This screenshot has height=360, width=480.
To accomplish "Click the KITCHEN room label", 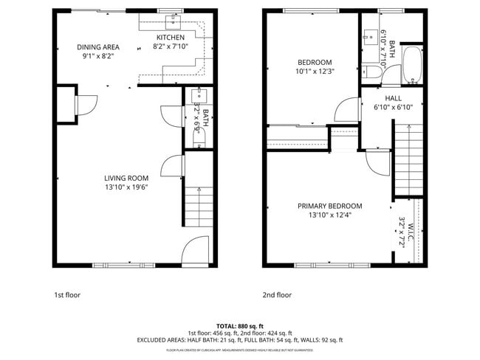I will (x=170, y=38).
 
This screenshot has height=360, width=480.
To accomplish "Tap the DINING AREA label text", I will (x=98, y=47).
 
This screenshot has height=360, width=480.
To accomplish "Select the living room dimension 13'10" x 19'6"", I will (x=126, y=187).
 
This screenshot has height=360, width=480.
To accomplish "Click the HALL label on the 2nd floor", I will (x=393, y=98).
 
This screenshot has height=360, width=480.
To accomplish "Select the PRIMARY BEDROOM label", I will (x=330, y=206).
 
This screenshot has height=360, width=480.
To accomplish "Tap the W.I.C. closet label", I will (x=402, y=231).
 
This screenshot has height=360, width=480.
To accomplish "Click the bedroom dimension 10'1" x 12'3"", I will (x=315, y=72).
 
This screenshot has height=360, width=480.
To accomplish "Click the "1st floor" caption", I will (x=67, y=295).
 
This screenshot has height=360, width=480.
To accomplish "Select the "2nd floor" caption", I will (x=277, y=295).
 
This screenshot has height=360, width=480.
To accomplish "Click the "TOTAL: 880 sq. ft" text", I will (x=240, y=325).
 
